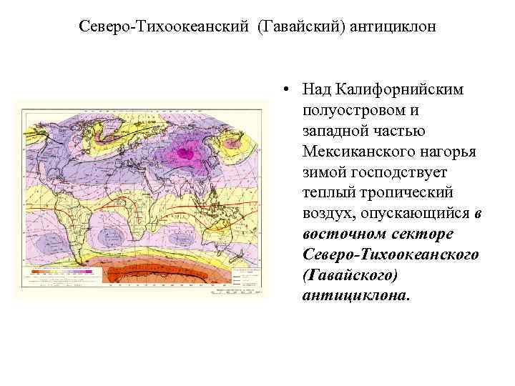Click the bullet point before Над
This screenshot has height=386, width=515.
[285, 91]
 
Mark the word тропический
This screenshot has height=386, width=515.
[410, 194]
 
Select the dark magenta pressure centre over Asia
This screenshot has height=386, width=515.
[190, 151]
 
